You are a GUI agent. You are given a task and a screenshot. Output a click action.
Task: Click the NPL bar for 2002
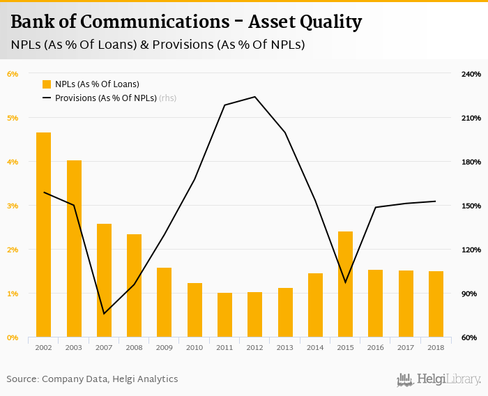[x=43, y=235]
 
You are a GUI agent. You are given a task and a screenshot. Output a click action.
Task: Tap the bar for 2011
[x=224, y=315]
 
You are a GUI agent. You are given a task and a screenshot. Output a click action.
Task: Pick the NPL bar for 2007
[x=104, y=280]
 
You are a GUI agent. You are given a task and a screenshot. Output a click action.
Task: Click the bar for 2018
[x=436, y=304]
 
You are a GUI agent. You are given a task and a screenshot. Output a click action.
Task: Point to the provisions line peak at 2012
[x=254, y=97]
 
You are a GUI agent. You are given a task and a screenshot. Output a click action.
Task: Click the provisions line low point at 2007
[x=104, y=314]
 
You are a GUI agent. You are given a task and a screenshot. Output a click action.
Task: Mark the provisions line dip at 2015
[x=345, y=282]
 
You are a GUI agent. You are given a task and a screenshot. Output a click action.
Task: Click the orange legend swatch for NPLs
[x=47, y=84]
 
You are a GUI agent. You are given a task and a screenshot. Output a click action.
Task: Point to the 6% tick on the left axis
[x=13, y=74]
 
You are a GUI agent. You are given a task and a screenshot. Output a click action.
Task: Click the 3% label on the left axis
[x=13, y=206]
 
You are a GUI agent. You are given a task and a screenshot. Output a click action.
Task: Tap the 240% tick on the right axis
[x=472, y=74]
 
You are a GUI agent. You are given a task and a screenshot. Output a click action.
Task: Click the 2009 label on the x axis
[x=164, y=347]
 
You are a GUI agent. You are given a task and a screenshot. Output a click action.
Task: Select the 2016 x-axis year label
[x=375, y=347]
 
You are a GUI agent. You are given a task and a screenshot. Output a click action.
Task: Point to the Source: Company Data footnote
[x=92, y=379]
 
